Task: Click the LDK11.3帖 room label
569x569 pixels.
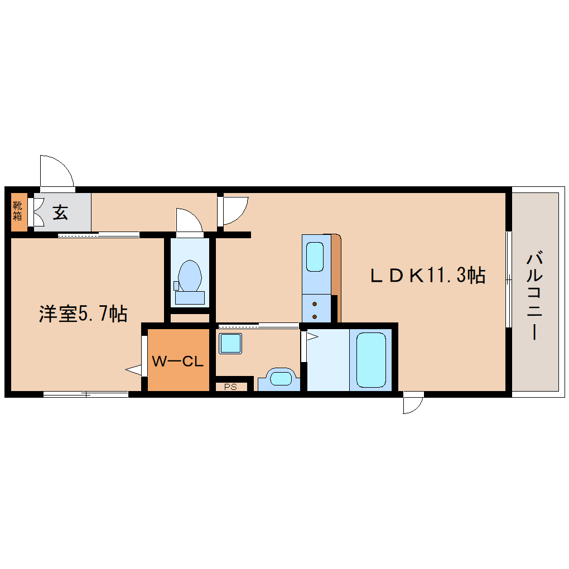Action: pyautogui.click(x=428, y=276)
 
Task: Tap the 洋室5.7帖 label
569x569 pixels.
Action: pyautogui.click(x=83, y=314)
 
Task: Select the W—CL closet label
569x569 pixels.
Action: pyautogui.click(x=177, y=361)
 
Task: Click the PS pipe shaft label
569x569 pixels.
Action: pyautogui.click(x=230, y=386)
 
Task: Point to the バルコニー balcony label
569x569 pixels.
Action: pyautogui.click(x=535, y=296)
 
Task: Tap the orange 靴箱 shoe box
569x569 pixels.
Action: pyautogui.click(x=18, y=212)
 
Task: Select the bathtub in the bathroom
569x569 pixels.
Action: pyautogui.click(x=371, y=359)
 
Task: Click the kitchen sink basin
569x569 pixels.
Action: pyautogui.click(x=315, y=257)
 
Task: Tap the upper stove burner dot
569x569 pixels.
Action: pyautogui.click(x=315, y=304)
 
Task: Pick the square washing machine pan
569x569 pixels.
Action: pyautogui.click(x=230, y=344)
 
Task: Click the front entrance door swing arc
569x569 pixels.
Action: pyautogui.click(x=57, y=170)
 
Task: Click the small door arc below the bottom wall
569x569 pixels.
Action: pyautogui.click(x=413, y=404)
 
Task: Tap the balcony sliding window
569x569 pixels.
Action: pyautogui.click(x=508, y=279)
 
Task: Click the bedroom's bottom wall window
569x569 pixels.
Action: pyautogui.click(x=86, y=394)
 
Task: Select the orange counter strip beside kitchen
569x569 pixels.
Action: pyautogui.click(x=336, y=265)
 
